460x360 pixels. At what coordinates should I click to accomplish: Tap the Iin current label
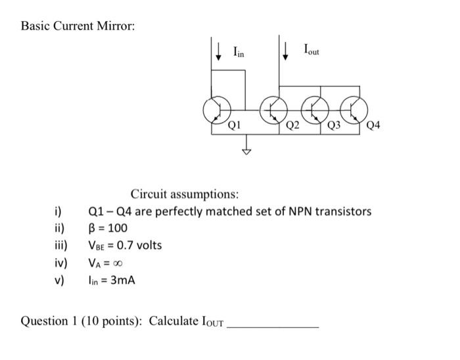click(238, 52)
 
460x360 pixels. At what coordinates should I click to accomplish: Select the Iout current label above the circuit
click(311, 49)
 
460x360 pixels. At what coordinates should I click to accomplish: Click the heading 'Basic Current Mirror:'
click(78, 26)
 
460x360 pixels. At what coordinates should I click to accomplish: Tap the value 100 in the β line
click(118, 229)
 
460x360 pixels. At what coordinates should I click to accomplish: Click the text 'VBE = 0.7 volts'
click(125, 246)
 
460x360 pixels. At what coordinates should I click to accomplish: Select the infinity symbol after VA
click(118, 263)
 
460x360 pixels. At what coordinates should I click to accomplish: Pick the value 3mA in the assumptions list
click(124, 281)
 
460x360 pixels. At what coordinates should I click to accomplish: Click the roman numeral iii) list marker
click(60, 246)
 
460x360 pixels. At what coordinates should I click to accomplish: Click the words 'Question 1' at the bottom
click(49, 321)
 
